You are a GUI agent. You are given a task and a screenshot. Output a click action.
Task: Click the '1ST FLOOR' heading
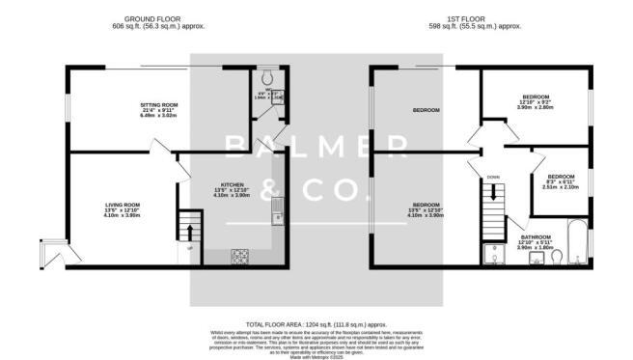coord(475,17)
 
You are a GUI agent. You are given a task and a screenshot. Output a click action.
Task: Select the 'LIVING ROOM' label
coord(123,204)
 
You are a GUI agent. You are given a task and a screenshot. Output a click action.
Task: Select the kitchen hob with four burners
coord(239,255)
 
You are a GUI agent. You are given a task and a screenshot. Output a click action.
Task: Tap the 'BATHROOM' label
coord(536,236)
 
